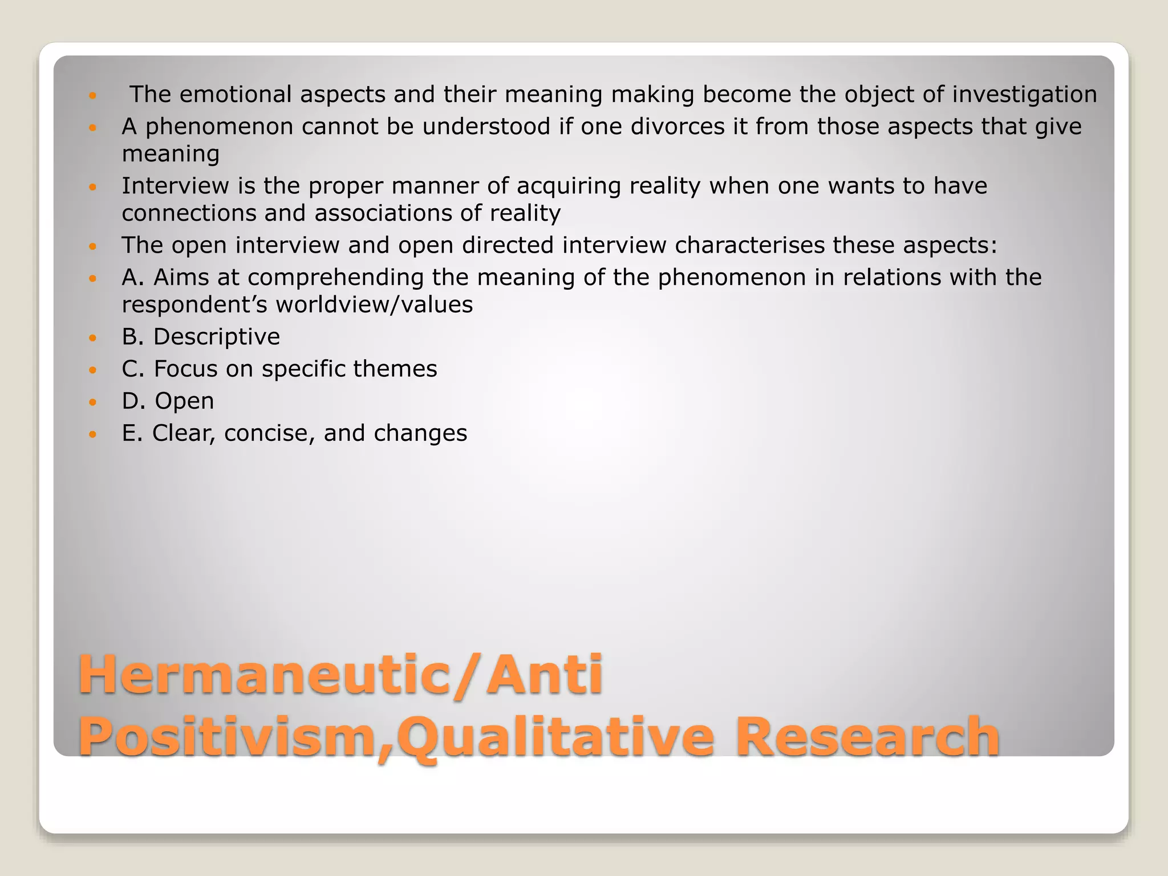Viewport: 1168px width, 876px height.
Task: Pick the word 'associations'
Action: (x=383, y=213)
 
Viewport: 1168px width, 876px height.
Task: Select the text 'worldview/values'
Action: (x=374, y=305)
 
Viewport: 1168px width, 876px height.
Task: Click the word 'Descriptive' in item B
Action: (x=216, y=337)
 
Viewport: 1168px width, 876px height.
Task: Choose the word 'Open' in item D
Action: (x=184, y=401)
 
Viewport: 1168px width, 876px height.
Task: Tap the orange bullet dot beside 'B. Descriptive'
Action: (x=94, y=338)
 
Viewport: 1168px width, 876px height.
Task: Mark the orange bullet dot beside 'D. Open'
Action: (x=94, y=402)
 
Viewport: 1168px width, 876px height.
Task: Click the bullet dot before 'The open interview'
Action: (x=94, y=246)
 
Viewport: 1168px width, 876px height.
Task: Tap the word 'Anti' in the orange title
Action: (x=545, y=675)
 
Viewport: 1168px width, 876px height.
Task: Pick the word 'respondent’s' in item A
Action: (x=194, y=305)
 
